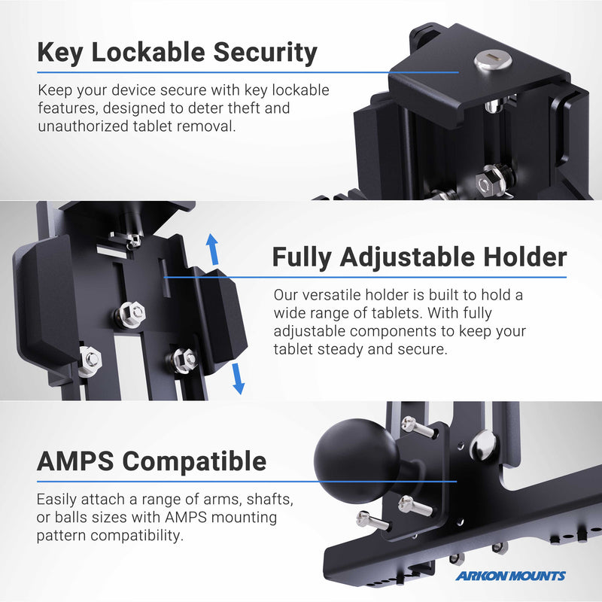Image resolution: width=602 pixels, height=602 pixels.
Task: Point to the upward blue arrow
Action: coord(213,248)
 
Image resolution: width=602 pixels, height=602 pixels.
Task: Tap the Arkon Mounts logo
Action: coord(509,576)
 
